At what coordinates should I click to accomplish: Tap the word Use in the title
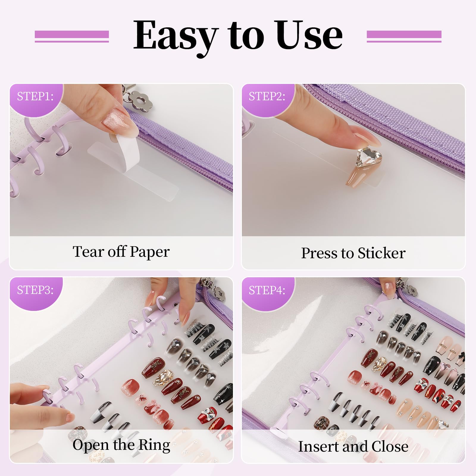[x=310, y=35]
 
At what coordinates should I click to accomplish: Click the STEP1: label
[x=35, y=96]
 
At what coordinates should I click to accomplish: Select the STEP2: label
[x=267, y=96]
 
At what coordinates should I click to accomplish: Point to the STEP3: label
[x=35, y=290]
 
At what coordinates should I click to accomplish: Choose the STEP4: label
[x=267, y=290]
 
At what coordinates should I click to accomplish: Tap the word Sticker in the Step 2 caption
[x=381, y=253]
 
